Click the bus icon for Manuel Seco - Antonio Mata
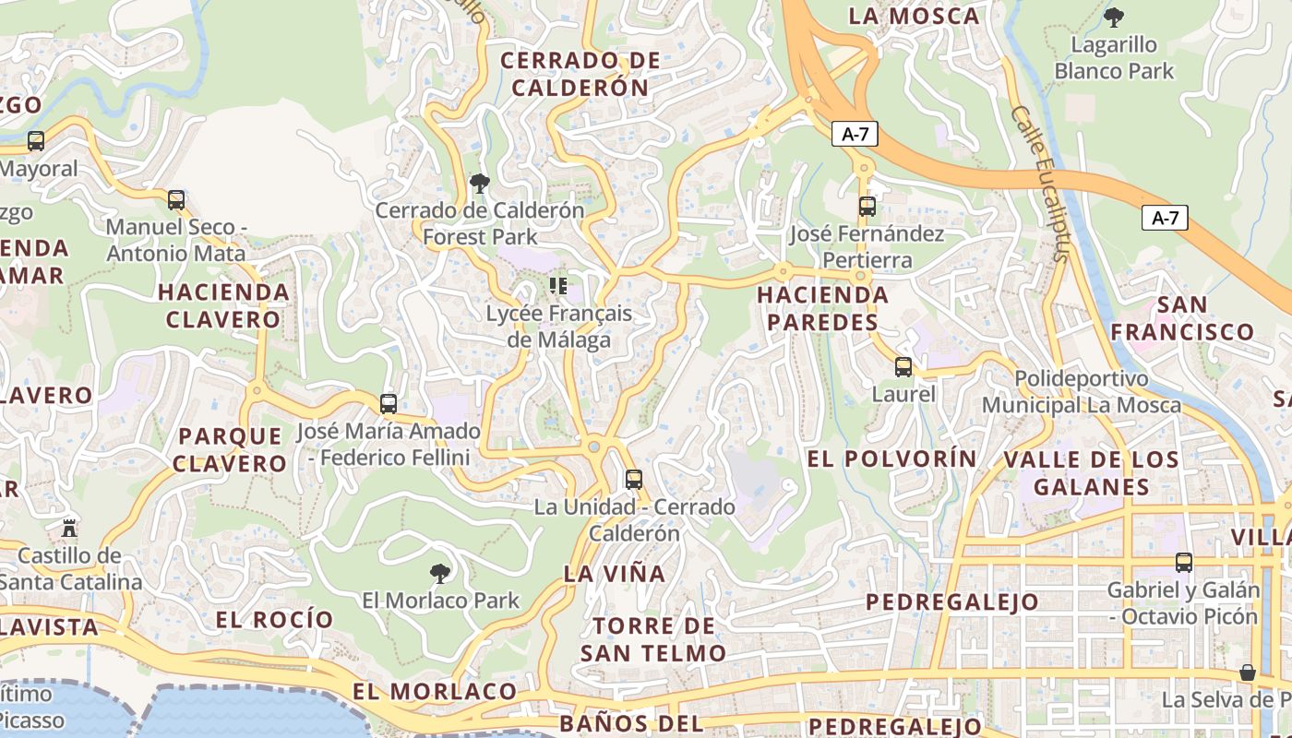pos(175,200)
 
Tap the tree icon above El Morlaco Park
pos(441,574)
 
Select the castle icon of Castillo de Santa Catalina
pos(68,529)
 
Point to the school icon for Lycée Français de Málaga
pos(557,286)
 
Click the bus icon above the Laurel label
pos(903,367)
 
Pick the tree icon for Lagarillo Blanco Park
pos(1114,17)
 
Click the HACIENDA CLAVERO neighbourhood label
pos(223,306)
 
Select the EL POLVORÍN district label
pos(891,458)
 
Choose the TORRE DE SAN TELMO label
pos(653,639)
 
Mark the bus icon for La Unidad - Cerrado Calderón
pos(633,480)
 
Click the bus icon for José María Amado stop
pos(389,404)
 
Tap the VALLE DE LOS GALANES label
pos(1092,473)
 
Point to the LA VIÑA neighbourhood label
pos(614,574)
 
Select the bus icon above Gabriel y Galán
pos(1184,563)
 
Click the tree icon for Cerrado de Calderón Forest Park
pos(479,184)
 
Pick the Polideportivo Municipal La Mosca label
pos(1081,392)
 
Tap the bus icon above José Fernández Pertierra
pos(867,207)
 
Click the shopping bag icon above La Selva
pos(1248,673)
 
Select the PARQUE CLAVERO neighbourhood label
pos(230,449)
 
